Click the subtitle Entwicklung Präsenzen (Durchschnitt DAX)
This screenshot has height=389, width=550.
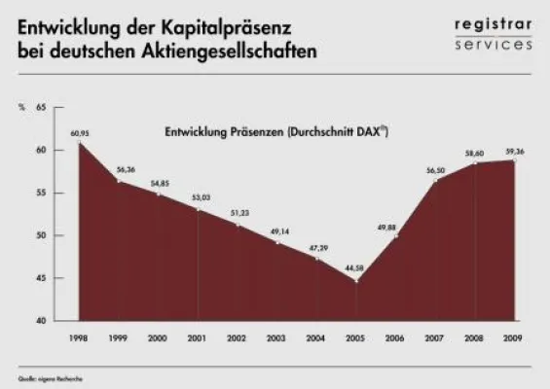pyautogui.click(x=275, y=135)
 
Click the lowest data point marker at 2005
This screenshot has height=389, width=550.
pyautogui.click(x=355, y=281)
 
